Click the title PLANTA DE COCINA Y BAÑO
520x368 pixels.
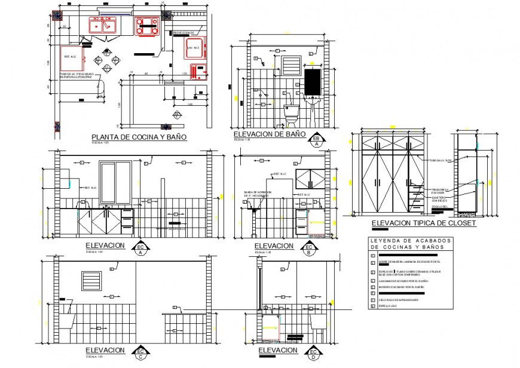click(x=134, y=137)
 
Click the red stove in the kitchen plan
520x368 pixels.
click(x=147, y=26)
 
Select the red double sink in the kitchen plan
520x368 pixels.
click(x=102, y=25)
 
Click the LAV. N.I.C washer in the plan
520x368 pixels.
click(x=196, y=47)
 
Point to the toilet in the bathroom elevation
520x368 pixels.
click(x=290, y=113)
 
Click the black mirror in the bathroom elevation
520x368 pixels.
click(x=313, y=82)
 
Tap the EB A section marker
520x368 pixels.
click(x=317, y=140)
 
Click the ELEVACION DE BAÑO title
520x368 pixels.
click(x=269, y=135)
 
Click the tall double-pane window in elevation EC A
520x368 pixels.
click(x=116, y=182)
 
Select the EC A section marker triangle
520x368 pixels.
click(x=142, y=249)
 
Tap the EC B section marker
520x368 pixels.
click(x=310, y=249)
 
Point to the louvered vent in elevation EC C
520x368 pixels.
click(x=91, y=280)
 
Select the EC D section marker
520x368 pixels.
click(x=314, y=354)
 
